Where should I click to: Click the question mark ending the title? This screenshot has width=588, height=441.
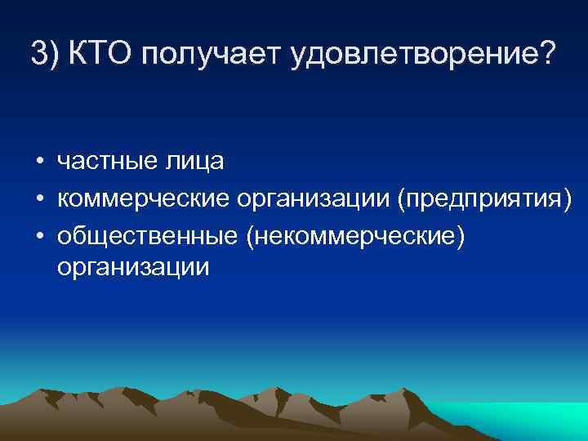(x=546, y=54)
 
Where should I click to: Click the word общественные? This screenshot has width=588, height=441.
(x=147, y=234)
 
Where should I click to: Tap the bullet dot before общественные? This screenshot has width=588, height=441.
(x=38, y=234)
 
